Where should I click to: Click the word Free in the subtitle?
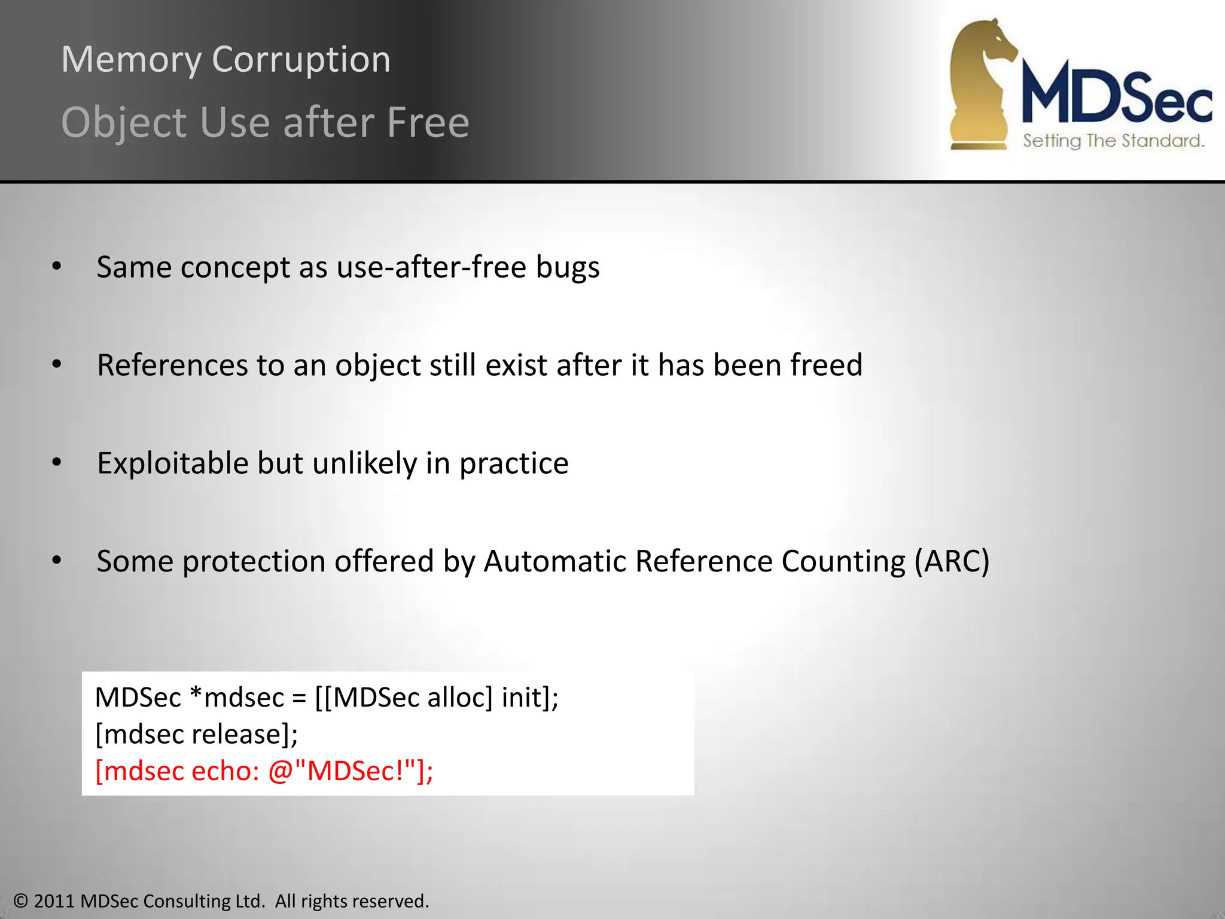[428, 123]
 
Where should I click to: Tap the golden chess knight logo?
[981, 84]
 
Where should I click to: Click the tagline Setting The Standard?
[1113, 141]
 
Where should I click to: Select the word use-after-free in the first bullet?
[431, 267]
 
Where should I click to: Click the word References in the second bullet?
[172, 365]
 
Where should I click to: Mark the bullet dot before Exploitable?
[57, 462]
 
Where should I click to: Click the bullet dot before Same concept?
[57, 266]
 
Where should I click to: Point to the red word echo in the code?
[225, 771]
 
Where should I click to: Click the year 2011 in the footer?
[54, 901]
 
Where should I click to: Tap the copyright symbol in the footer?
[21, 901]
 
